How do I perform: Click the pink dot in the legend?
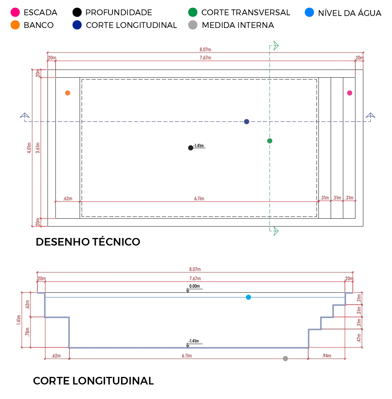(x=15, y=12)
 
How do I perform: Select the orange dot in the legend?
(x=15, y=25)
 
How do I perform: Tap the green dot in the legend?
(x=192, y=12)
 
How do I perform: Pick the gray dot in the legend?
(x=192, y=25)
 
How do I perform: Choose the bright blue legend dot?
(x=309, y=12)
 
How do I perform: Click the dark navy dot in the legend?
(x=77, y=25)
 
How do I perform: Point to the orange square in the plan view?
(x=68, y=93)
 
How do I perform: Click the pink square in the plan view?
(x=350, y=93)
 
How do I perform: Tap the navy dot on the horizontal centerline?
(x=247, y=122)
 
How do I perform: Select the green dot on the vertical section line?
(x=269, y=140)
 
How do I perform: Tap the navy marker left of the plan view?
(x=25, y=116)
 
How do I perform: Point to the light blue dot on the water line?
(x=248, y=298)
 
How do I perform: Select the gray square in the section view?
(x=286, y=359)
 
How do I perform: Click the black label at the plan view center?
(x=196, y=147)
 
